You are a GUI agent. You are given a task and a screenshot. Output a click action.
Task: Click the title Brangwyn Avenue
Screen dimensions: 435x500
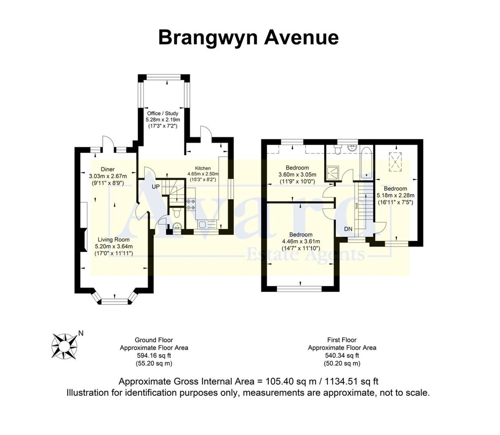pyautogui.click(x=248, y=37)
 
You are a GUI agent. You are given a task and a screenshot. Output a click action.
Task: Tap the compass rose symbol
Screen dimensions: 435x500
pyautogui.click(x=64, y=346)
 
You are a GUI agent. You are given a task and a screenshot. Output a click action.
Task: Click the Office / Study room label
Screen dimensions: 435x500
pyautogui.click(x=163, y=114)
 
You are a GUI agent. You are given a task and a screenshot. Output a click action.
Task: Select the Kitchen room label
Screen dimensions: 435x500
pyautogui.click(x=203, y=168)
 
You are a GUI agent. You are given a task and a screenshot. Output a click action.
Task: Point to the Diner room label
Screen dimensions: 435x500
pyautogui.click(x=108, y=170)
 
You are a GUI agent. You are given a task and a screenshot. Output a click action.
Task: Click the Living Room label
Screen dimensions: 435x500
pyautogui.click(x=114, y=240)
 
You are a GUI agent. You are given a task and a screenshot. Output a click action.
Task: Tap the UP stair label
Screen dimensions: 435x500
pyautogui.click(x=155, y=187)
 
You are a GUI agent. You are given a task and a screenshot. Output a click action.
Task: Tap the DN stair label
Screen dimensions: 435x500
pyautogui.click(x=348, y=229)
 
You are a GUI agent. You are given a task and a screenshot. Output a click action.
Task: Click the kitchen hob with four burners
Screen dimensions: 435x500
pyautogui.click(x=190, y=204)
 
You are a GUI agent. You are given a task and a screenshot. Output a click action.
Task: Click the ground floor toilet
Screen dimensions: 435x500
pyautogui.click(x=176, y=226)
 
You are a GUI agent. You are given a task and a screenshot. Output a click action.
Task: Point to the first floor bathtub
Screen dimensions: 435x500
pyautogui.click(x=366, y=163)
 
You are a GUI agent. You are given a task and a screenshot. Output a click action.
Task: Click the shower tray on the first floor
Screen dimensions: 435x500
pyautogui.click(x=334, y=174)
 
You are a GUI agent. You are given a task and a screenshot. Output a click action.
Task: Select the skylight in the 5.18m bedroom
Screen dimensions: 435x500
pyautogui.click(x=395, y=161)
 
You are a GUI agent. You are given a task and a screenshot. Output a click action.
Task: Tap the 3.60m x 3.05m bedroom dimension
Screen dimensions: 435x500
pyautogui.click(x=297, y=175)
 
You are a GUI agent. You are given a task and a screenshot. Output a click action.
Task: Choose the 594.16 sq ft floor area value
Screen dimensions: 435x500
pyautogui.click(x=154, y=356)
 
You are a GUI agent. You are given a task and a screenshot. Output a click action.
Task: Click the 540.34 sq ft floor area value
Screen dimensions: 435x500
pyautogui.click(x=342, y=356)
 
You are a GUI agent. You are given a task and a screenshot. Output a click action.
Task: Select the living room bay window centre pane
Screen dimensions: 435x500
pyautogui.click(x=114, y=301)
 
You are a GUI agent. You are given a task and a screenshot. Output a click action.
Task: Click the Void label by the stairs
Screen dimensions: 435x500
pyautogui.click(x=356, y=206)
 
